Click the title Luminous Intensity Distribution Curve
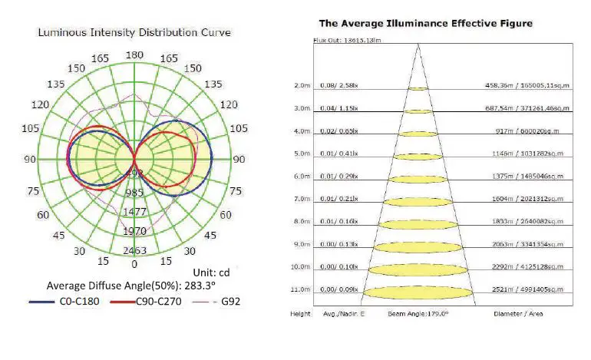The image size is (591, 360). click(134, 32)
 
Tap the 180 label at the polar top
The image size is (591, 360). click(134, 55)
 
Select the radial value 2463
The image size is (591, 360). click(135, 251)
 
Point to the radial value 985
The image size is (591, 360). click(135, 193)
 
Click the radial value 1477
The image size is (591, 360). click(135, 211)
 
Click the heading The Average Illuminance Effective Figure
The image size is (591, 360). click(425, 24)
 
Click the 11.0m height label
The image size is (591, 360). click(302, 289)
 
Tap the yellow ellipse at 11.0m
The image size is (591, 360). click(418, 292)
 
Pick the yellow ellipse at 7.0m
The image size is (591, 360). click(418, 202)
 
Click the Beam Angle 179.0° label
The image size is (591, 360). click(418, 315)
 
